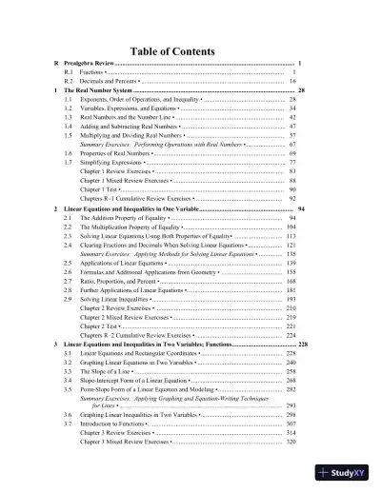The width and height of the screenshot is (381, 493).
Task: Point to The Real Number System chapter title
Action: coord(99,93)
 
